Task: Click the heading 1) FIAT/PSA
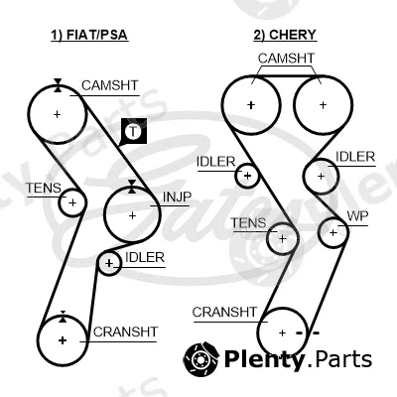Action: (x=89, y=35)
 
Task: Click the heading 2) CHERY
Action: (x=285, y=35)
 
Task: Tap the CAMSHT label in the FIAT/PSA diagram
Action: (x=109, y=85)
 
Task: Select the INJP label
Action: (x=177, y=198)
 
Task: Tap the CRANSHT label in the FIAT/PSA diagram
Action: (x=125, y=331)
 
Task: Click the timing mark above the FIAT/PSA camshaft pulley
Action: (x=58, y=85)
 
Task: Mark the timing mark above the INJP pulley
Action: (x=132, y=187)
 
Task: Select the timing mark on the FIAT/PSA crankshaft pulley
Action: (x=63, y=317)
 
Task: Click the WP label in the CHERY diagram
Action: (x=357, y=216)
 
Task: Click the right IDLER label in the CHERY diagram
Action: (x=355, y=157)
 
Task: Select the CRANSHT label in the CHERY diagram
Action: (x=224, y=312)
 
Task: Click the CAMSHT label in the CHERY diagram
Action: (x=286, y=59)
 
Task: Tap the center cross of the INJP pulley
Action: (x=132, y=215)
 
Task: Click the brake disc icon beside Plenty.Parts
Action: (x=201, y=358)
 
